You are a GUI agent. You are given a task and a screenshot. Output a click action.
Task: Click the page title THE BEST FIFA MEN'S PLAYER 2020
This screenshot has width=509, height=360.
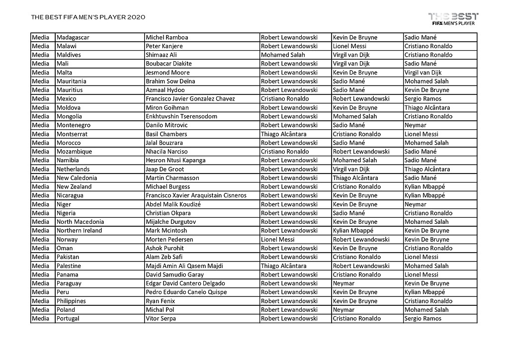pyautogui.click(x=88, y=17)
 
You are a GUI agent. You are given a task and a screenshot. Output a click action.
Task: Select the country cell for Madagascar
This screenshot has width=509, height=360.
pyautogui.click(x=73, y=37)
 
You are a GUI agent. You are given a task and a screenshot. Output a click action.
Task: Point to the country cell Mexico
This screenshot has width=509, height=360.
pyautogui.click(x=67, y=99)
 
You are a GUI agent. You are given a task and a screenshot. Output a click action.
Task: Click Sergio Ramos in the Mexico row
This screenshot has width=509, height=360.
pyautogui.click(x=423, y=99)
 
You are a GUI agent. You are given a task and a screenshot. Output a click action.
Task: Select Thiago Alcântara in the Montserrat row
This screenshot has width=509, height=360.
pyautogui.click(x=284, y=134)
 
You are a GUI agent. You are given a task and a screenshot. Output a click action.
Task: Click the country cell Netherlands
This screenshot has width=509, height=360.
pyautogui.click(x=73, y=169)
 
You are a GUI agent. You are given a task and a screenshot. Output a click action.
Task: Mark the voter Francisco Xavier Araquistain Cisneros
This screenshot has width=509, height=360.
pyautogui.click(x=196, y=195)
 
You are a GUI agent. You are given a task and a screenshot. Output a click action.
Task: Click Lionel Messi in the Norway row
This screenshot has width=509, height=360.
pyautogui.click(x=278, y=240)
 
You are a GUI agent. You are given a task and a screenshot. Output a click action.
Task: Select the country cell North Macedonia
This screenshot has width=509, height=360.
pyautogui.click(x=81, y=222)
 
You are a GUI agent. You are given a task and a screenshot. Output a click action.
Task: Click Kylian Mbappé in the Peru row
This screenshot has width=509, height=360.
pyautogui.click(x=425, y=292)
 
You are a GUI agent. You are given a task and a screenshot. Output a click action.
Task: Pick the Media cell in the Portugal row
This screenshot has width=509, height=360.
pyautogui.click(x=41, y=319)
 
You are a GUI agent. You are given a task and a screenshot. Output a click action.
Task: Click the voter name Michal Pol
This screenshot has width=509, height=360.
pyautogui.click(x=161, y=310)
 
